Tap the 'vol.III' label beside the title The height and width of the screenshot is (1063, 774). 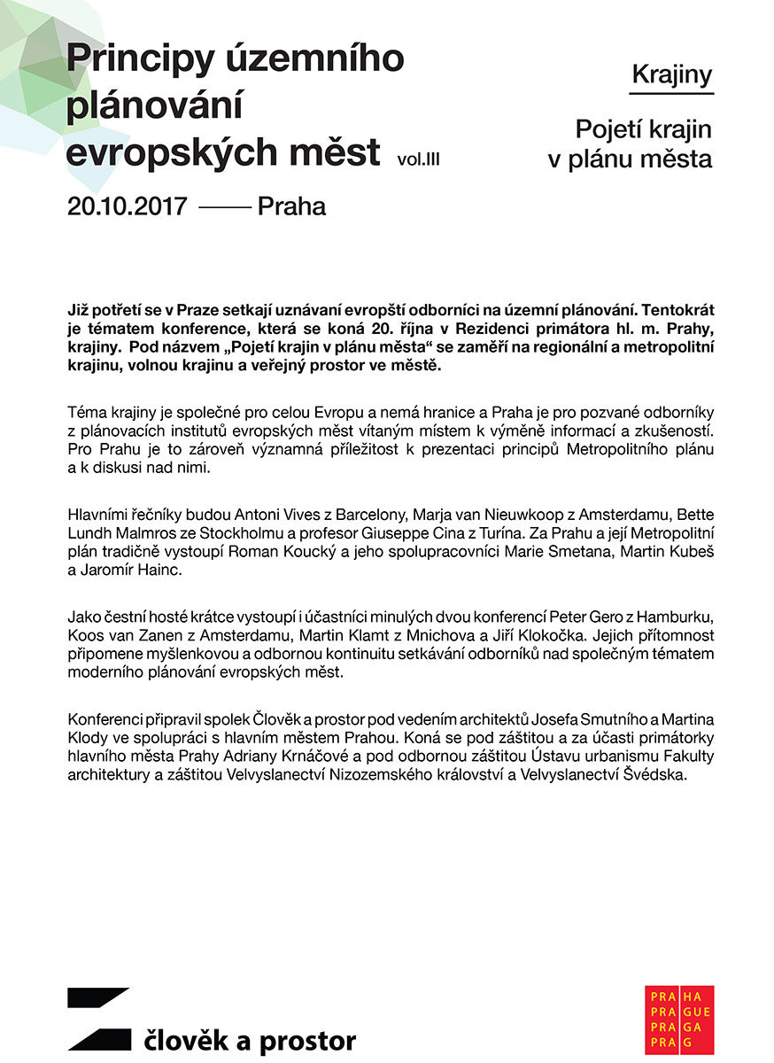[x=419, y=159]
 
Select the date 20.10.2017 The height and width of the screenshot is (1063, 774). [x=127, y=206]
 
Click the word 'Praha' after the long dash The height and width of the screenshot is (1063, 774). [x=291, y=206]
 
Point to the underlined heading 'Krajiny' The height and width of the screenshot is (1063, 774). [x=672, y=75]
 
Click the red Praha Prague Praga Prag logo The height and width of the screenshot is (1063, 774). [x=679, y=1019]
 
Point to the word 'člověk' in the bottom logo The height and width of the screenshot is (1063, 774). [x=183, y=1041]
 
